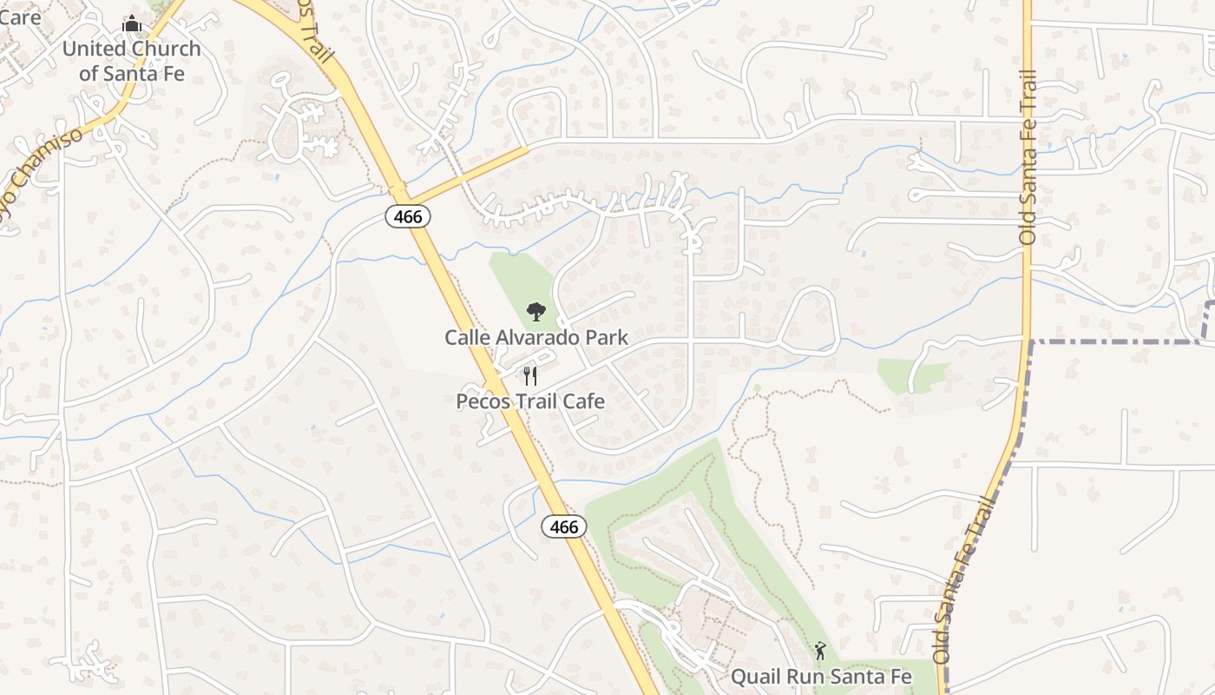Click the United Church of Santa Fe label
coord(131,61)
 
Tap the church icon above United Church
coord(132,23)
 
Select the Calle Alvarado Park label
coord(536,337)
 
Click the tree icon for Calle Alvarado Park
coord(536,311)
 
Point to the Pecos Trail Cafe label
coord(530,401)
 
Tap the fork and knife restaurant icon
coord(530,376)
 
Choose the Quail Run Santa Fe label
coord(821,676)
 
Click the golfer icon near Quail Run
coord(820,650)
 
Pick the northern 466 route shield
coord(408,216)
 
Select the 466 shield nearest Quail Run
coord(564,526)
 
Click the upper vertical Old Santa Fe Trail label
coord(1028,156)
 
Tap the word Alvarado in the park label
coord(536,337)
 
